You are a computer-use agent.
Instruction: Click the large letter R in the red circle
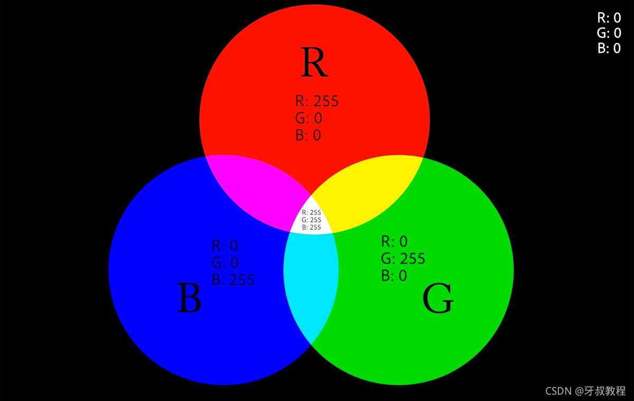click(x=314, y=62)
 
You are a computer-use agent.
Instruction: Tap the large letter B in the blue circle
click(x=189, y=299)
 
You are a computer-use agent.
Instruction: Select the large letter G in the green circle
click(x=438, y=299)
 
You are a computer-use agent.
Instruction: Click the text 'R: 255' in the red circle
click(x=316, y=101)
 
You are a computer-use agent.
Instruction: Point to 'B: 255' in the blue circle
click(x=232, y=279)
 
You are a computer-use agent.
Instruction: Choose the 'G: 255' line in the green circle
click(x=403, y=258)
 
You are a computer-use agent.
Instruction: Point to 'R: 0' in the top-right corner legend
click(x=609, y=18)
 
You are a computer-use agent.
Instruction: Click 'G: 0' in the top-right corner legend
click(x=609, y=33)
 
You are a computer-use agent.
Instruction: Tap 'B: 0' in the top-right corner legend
click(x=609, y=49)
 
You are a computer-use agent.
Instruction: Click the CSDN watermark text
click(x=586, y=390)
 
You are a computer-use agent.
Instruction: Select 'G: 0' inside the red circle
click(x=309, y=118)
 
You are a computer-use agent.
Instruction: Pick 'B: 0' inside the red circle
click(x=308, y=135)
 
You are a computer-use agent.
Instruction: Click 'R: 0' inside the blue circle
click(x=225, y=245)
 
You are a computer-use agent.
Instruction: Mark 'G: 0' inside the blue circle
click(x=225, y=262)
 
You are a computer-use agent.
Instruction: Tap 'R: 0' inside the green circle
click(x=395, y=241)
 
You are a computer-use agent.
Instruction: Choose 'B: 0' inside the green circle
click(x=394, y=275)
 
